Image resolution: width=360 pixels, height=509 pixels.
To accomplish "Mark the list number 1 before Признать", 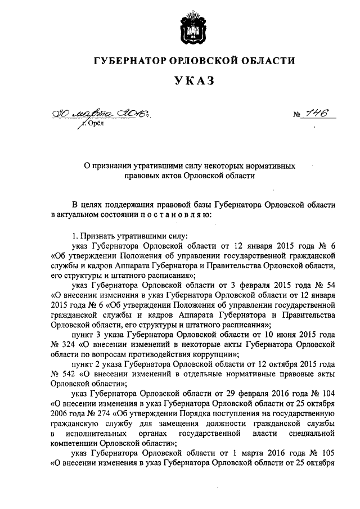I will (x=74, y=236).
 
